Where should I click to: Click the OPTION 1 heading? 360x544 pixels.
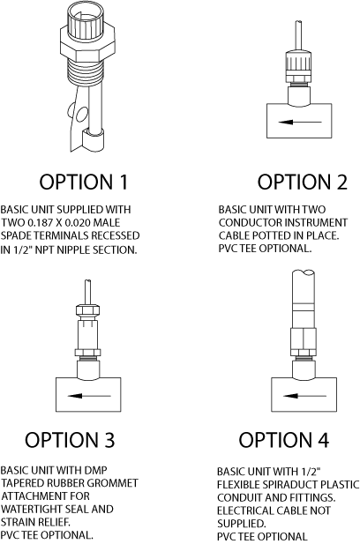coord(83,182)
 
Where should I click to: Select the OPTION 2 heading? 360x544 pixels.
coord(302,182)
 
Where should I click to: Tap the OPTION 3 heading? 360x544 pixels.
coord(70,440)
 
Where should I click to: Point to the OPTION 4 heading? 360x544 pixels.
coord(283,440)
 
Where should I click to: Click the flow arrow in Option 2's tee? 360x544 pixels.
coord(300,123)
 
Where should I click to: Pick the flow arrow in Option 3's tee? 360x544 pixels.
coord(89,396)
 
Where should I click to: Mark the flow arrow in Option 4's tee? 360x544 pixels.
coord(304,396)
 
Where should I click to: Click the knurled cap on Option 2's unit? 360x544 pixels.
coord(297,67)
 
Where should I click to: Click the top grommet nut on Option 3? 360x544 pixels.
coord(88,309)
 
